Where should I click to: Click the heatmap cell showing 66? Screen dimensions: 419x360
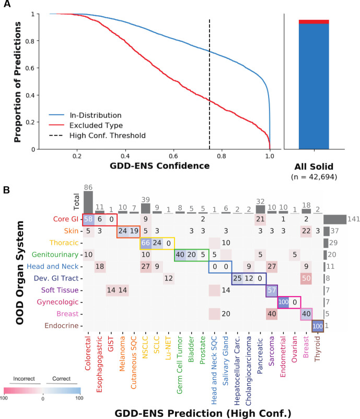(145, 243)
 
